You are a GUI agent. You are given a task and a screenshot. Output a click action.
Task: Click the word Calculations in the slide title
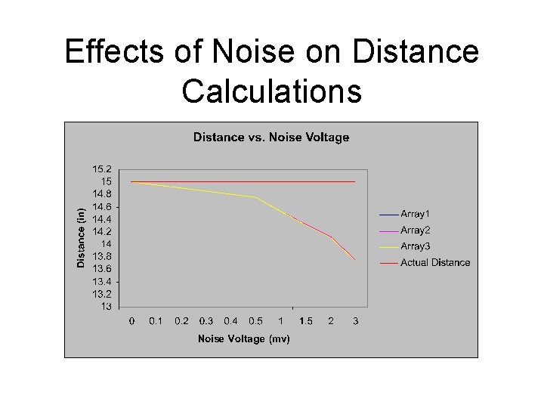(271, 91)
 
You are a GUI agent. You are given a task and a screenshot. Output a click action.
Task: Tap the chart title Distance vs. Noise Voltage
(271, 138)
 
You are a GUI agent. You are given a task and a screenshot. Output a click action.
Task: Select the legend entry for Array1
(415, 215)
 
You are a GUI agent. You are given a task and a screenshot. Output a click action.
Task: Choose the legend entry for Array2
(415, 230)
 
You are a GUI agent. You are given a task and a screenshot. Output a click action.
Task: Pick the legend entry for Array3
(415, 246)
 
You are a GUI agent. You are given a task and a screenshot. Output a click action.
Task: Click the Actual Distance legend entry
(434, 262)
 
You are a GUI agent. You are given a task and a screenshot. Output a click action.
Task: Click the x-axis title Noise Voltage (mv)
(243, 338)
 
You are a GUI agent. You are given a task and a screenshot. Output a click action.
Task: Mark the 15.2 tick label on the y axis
(102, 169)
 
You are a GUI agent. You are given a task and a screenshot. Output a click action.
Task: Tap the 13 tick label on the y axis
(107, 306)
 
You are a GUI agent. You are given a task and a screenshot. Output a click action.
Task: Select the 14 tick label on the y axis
(107, 244)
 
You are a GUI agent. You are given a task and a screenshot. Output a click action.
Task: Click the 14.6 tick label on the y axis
(102, 206)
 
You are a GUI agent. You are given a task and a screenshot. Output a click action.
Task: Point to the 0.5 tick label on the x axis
(256, 321)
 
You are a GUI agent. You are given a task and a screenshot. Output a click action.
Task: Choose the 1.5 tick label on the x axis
(305, 321)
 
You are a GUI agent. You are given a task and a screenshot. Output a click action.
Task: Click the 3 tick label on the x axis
(355, 321)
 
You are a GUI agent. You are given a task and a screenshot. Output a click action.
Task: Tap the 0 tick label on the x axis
(131, 321)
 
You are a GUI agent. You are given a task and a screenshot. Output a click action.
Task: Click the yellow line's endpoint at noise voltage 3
(355, 259)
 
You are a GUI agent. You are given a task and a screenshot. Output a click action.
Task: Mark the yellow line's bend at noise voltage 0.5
(256, 197)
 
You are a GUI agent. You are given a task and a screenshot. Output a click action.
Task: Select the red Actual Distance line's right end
(355, 181)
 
